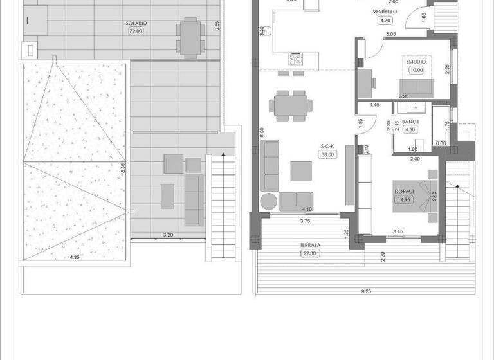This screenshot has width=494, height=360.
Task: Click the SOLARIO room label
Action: [136, 24]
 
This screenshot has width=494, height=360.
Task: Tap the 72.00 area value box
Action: [136, 31]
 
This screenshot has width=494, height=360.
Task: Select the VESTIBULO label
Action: [385, 12]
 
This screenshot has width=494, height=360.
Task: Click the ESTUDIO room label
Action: [416, 61]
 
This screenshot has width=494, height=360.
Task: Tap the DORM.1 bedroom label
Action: [403, 191]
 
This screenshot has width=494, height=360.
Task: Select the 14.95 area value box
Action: [404, 199]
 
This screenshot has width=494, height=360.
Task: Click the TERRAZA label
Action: [311, 246]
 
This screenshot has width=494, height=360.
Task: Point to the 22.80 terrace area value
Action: [311, 253]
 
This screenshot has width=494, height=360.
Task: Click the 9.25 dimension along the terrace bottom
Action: [366, 291]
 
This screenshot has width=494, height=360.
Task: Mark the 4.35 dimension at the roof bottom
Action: [75, 258]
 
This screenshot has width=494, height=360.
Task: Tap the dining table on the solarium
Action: [188, 37]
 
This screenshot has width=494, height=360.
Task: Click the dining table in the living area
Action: [291, 104]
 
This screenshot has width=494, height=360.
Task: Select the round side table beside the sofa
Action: [268, 201]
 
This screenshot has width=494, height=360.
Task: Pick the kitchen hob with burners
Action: [297, 60]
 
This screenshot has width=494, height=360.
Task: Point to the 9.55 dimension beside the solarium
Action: [217, 24]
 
